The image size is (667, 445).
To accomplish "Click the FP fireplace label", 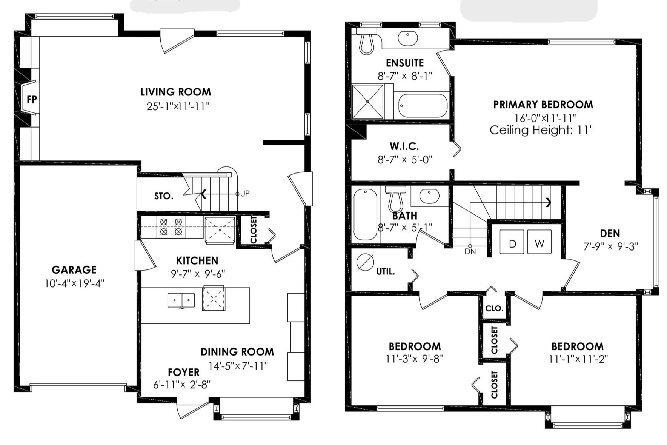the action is click(32, 100).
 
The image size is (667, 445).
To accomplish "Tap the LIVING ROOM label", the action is click(176, 92).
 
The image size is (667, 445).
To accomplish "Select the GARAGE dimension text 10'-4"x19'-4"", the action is click(74, 283).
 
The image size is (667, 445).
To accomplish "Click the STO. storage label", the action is click(164, 196).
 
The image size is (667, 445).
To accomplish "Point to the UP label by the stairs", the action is click(245, 194).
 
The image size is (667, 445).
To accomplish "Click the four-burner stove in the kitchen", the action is click(171, 227).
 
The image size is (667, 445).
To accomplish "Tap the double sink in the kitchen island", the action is click(181, 300).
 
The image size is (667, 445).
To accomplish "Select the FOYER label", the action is click(184, 372).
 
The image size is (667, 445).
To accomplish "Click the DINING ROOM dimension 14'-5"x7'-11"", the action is click(238, 366).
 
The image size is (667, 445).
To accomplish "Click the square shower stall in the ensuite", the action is click(367, 101).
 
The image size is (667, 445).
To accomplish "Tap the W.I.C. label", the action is click(404, 146).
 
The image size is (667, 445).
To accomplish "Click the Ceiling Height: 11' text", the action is click(541, 130).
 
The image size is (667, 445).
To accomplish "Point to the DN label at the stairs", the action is click(470, 251).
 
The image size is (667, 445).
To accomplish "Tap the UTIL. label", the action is click(386, 271).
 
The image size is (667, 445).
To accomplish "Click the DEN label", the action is click(610, 234).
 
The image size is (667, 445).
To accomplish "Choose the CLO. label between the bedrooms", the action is click(494, 308).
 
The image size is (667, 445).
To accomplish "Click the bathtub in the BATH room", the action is click(365, 214).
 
